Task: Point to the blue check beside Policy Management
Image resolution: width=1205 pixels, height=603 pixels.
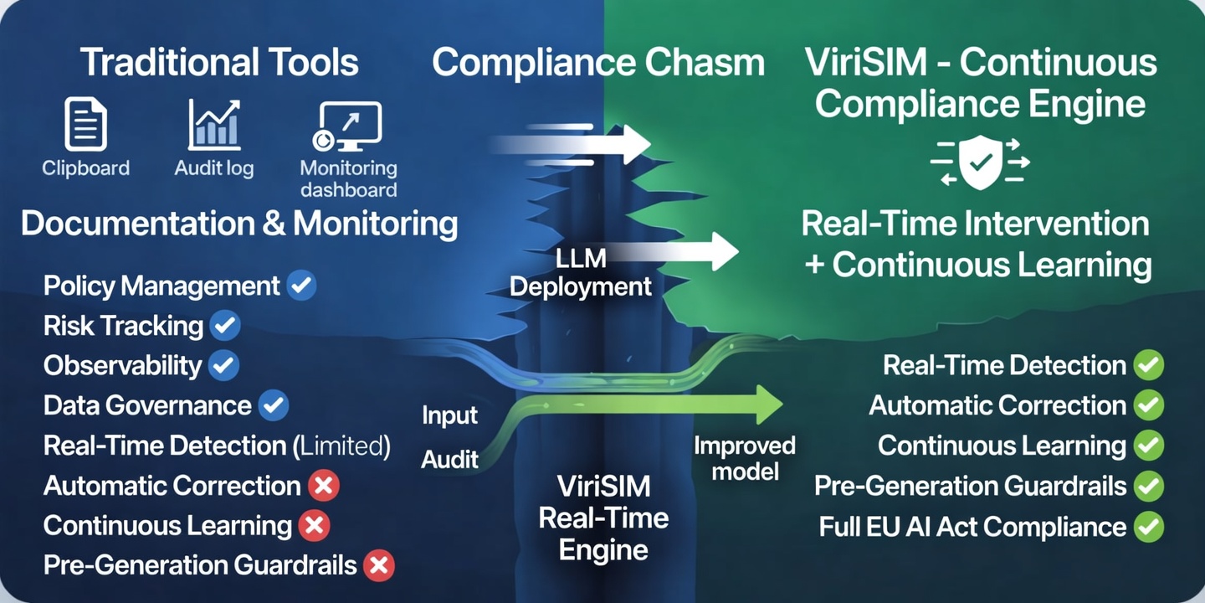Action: [x=301, y=286]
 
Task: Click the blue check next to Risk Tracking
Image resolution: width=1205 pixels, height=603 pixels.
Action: [x=224, y=326]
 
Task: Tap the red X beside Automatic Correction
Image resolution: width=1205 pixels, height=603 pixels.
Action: [x=323, y=486]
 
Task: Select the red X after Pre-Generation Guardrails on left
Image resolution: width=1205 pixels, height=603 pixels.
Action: [x=378, y=565]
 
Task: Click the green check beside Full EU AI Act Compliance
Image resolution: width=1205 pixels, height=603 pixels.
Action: [x=1149, y=527]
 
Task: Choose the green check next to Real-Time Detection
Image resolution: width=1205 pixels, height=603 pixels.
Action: [x=1149, y=366]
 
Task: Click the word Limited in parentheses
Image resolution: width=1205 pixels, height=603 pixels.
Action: [x=342, y=446]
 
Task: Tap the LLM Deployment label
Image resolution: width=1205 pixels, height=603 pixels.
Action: [x=580, y=273]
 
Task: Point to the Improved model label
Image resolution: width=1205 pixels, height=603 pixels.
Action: [x=744, y=457]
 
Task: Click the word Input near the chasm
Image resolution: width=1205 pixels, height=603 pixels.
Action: [x=449, y=415]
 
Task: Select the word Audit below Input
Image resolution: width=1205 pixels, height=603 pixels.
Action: [x=449, y=459]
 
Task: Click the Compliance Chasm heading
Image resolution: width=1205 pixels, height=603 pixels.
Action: [x=597, y=64]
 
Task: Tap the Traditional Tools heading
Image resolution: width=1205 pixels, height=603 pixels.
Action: [x=219, y=64]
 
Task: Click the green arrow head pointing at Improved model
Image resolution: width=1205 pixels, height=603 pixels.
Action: [x=767, y=405]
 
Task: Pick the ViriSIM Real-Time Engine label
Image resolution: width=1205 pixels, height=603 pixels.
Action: [x=602, y=518]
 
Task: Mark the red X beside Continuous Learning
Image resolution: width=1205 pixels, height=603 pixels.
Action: [x=315, y=526]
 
